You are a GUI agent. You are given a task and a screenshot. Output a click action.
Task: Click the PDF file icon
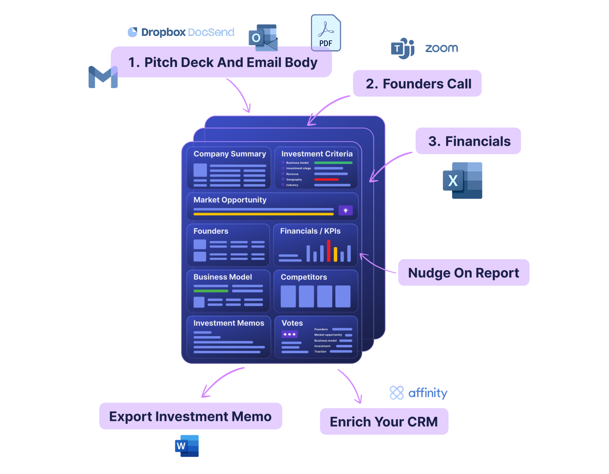click(326, 33)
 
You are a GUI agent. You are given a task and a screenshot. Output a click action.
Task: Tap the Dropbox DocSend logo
click(181, 32)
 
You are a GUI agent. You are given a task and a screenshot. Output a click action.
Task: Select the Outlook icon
click(263, 38)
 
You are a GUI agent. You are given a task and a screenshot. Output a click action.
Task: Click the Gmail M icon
click(103, 77)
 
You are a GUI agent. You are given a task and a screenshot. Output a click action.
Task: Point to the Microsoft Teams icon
click(403, 48)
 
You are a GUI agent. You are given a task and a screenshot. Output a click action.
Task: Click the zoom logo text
click(442, 48)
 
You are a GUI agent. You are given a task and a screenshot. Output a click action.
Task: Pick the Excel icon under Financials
click(463, 181)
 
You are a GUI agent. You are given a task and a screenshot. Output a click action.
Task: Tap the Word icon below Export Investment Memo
click(187, 446)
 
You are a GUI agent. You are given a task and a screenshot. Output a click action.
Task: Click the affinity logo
click(418, 393)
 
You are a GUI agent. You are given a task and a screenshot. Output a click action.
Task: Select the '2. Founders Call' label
click(417, 83)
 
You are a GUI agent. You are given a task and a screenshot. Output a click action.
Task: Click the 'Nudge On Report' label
click(463, 273)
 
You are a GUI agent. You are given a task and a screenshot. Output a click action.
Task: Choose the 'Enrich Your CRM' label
click(384, 421)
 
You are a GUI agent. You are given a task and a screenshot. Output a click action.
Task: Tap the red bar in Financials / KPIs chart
click(329, 250)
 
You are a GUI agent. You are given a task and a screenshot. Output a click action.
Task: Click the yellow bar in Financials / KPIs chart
click(335, 255)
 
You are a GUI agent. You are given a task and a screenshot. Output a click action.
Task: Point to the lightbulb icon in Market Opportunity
click(346, 210)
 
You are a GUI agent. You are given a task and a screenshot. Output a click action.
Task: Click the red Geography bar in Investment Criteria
click(326, 179)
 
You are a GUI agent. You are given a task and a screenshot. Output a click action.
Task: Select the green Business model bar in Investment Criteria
click(333, 163)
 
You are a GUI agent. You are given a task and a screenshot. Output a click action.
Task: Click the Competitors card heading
click(304, 277)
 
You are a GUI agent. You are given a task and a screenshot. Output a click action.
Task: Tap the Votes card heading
click(292, 323)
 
